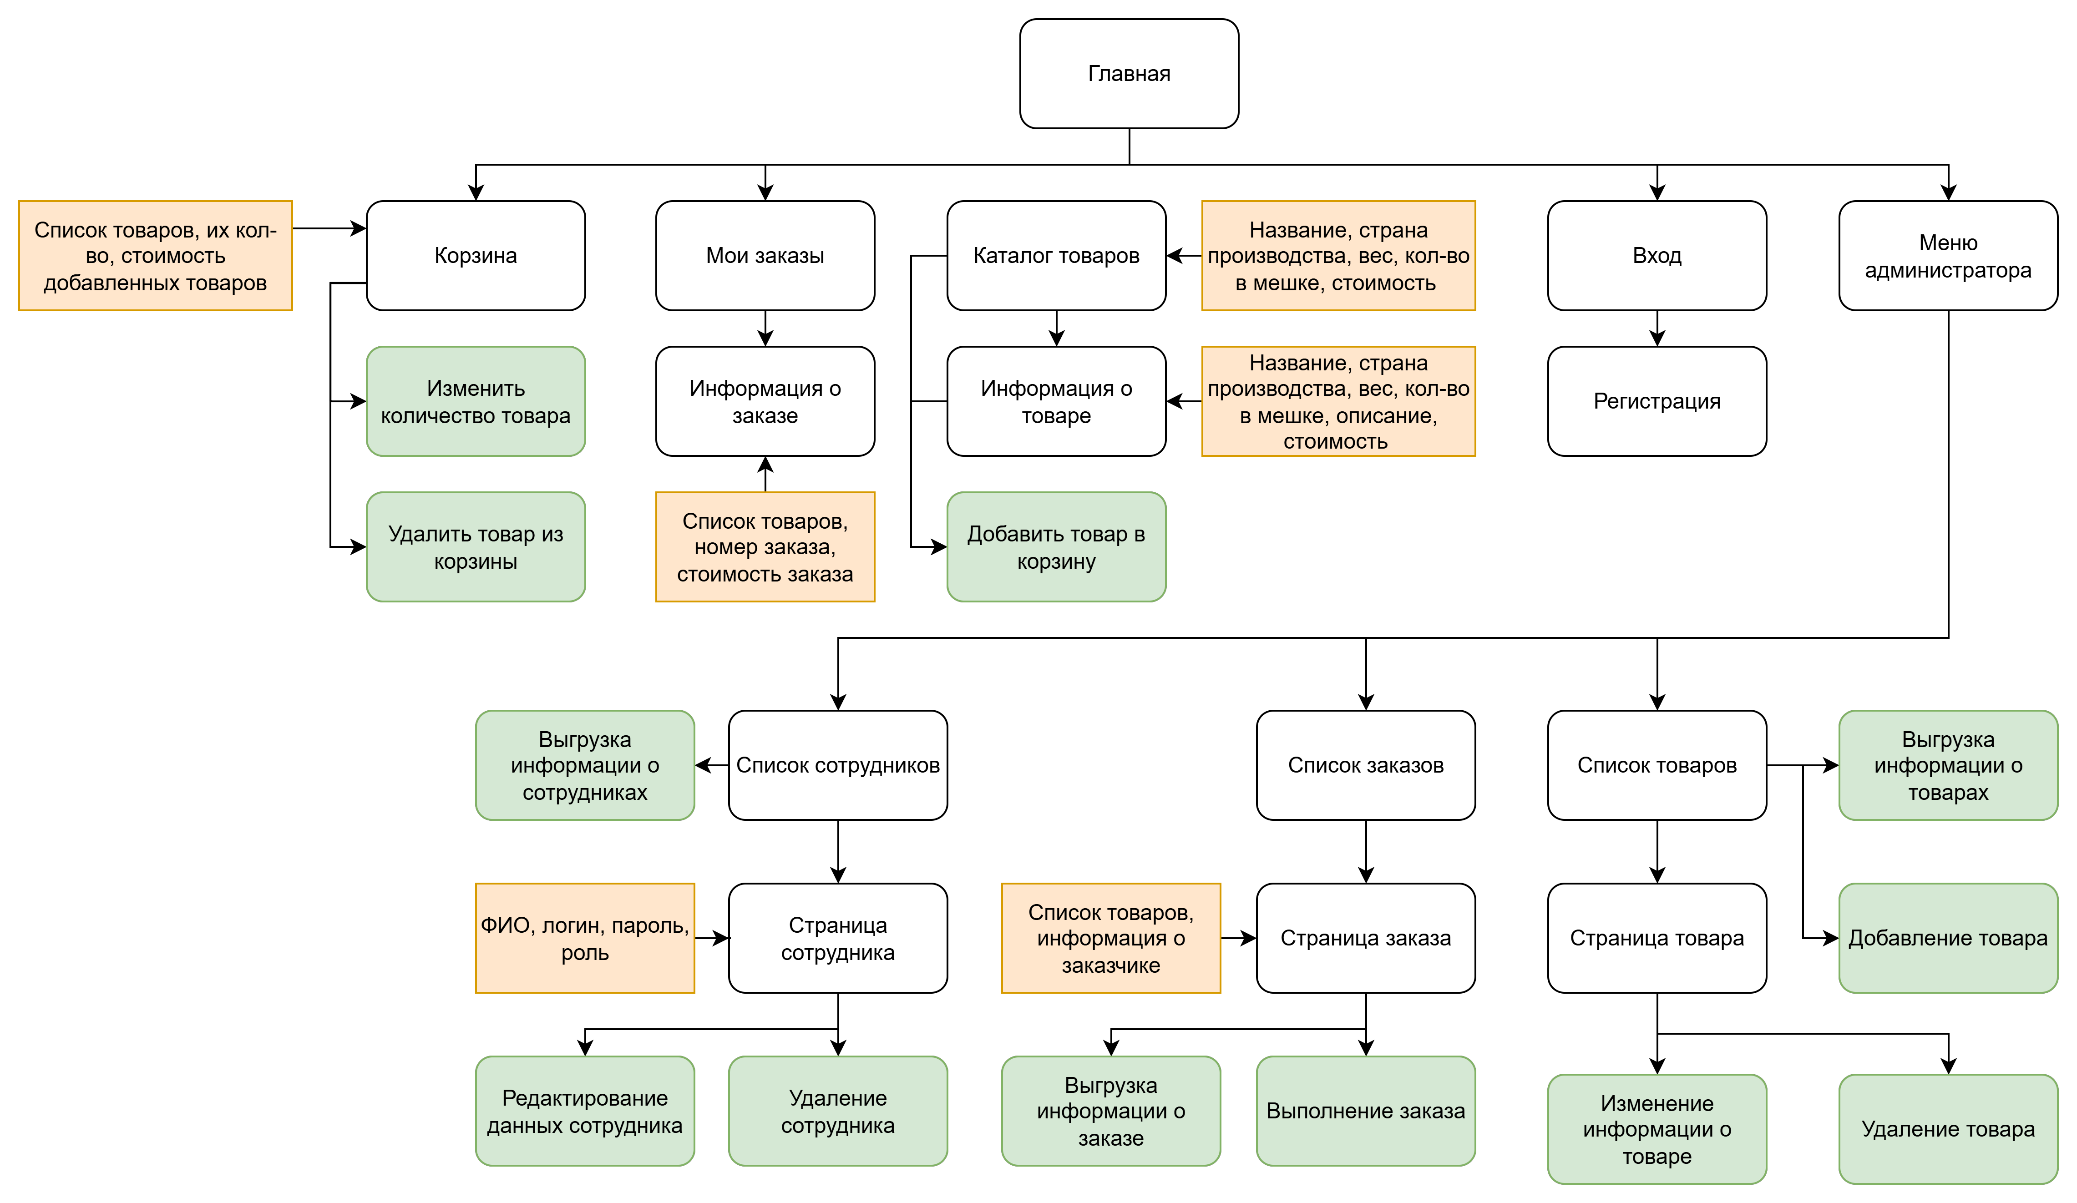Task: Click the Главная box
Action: (1129, 73)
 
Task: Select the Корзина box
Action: (476, 255)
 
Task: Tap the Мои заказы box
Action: (765, 255)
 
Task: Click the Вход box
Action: (1657, 255)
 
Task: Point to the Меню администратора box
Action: (1948, 255)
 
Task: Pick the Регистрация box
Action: (1657, 401)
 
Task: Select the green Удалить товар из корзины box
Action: (476, 547)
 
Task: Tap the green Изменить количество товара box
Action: (476, 401)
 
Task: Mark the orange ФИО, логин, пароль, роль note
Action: (585, 938)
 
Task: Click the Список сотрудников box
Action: (838, 765)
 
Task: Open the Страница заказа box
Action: (1366, 938)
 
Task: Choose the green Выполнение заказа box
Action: (1366, 1111)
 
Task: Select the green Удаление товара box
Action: (1948, 1129)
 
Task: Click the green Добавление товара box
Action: (1948, 938)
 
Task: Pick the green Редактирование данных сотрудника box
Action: (585, 1111)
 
